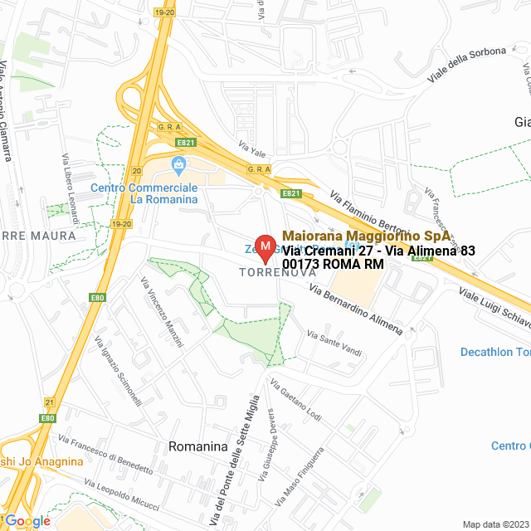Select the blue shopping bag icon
point(178,166)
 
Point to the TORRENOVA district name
point(268,272)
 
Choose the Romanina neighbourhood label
point(197,446)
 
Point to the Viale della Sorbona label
point(466,64)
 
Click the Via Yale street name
point(251,149)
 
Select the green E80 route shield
point(98,297)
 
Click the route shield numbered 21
point(50,402)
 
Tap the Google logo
point(27,520)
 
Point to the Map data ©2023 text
point(494,524)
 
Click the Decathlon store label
point(495,353)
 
